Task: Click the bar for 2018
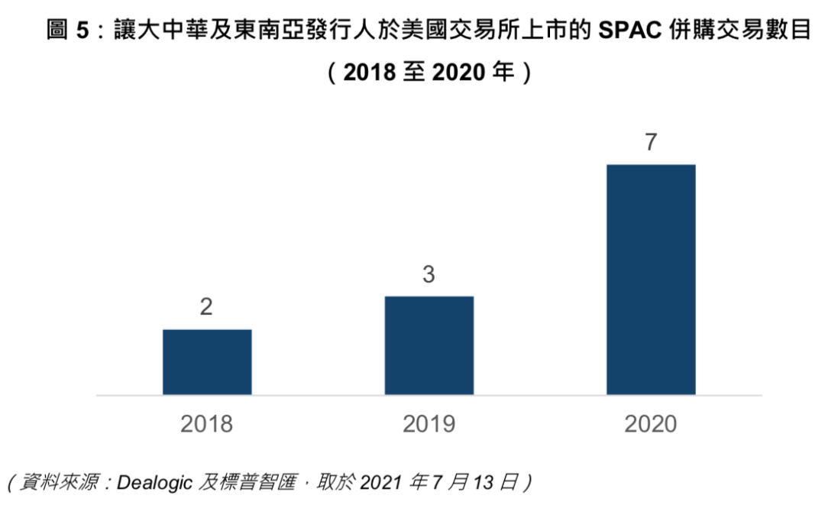[x=207, y=362]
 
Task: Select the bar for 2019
[x=429, y=345]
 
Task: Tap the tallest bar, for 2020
[x=651, y=280]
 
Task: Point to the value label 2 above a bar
[x=206, y=308]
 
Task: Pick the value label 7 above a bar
[x=651, y=142]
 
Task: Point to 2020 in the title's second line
[x=459, y=73]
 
